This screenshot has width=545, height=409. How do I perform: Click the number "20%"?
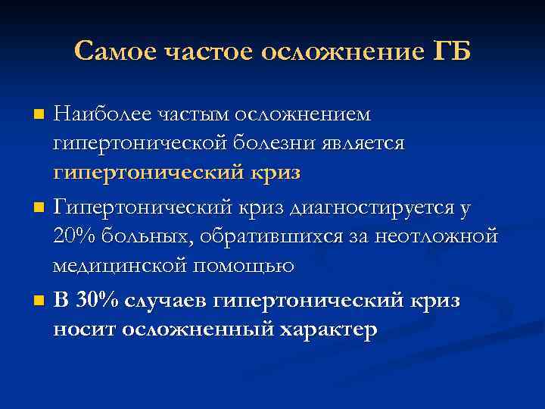[73, 236]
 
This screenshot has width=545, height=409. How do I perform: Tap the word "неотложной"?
[441, 236]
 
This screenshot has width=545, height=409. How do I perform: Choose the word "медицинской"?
[120, 265]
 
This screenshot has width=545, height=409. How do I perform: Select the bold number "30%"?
[97, 300]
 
